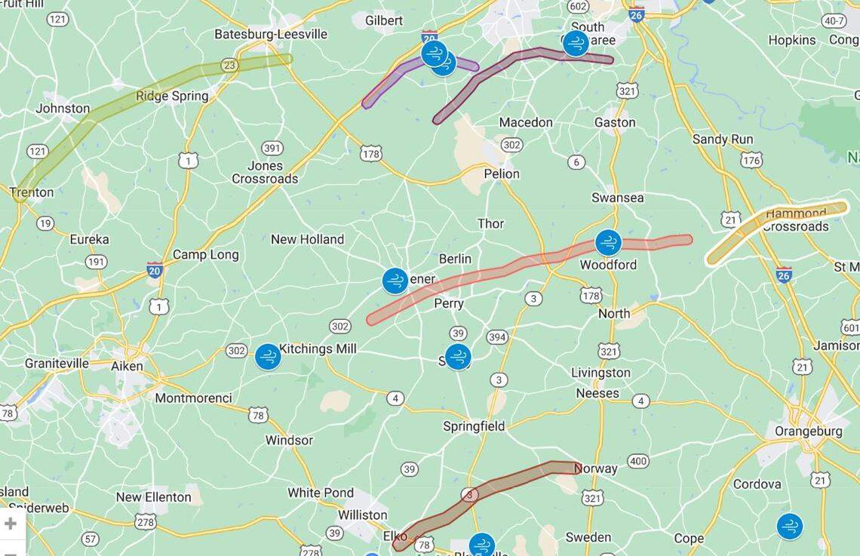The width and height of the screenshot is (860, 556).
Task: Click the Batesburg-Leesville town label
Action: (x=271, y=34)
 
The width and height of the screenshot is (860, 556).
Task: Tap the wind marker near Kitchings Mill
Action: (x=268, y=357)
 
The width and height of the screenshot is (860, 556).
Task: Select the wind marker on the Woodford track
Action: (x=608, y=243)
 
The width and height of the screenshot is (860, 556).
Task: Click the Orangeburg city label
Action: (x=808, y=432)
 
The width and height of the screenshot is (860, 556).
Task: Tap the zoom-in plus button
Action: (x=11, y=524)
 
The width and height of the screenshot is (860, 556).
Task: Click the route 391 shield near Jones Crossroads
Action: (x=272, y=148)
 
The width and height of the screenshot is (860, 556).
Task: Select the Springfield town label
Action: (x=474, y=426)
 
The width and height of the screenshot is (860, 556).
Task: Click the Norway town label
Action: (x=595, y=468)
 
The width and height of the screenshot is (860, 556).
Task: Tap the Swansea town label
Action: (x=617, y=198)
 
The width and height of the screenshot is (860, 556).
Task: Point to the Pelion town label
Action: (x=502, y=174)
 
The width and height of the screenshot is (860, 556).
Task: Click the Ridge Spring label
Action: (x=172, y=96)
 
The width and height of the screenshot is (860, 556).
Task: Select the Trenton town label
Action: (x=32, y=192)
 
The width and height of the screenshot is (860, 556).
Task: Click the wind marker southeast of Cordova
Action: (x=789, y=527)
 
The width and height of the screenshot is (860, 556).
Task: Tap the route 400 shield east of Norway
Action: (x=637, y=461)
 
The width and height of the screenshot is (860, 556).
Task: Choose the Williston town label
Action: (x=362, y=515)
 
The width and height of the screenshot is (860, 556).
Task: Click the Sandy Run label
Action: (x=723, y=139)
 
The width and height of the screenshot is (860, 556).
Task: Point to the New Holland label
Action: (x=307, y=239)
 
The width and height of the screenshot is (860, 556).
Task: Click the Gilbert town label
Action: (x=384, y=20)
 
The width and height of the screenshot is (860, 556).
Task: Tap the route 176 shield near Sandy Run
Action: (x=751, y=160)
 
